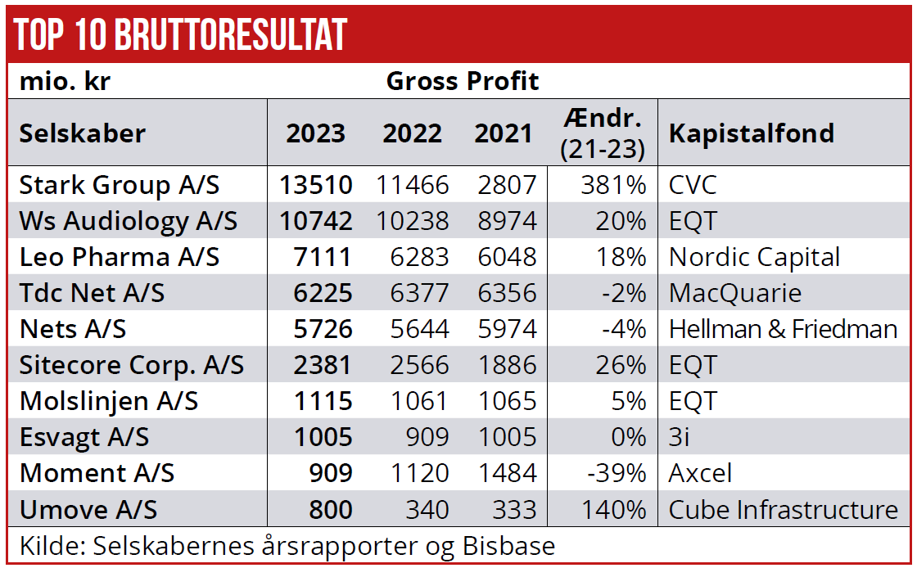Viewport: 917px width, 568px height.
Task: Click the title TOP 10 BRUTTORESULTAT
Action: coord(180,34)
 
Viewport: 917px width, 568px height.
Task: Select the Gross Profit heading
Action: coord(463,81)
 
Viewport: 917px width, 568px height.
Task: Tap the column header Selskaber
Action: coord(82,133)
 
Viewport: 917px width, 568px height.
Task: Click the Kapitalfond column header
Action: coord(751,133)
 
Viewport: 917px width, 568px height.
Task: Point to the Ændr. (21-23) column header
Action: coord(603,133)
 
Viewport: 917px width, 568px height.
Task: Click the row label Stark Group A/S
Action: coord(120,185)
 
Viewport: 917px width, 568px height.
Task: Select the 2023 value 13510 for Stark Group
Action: coord(315,185)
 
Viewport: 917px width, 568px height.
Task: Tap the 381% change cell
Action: coord(613,185)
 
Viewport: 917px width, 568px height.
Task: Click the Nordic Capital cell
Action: coord(754,257)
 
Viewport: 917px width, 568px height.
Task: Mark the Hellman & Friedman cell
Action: coord(783,329)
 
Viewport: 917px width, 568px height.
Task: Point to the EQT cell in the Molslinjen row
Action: coord(693,401)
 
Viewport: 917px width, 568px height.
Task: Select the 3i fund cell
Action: coord(680,437)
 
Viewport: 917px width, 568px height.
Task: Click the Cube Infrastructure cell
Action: coord(783,509)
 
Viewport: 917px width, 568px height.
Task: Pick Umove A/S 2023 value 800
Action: coord(331,509)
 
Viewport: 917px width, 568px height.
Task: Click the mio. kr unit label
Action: coord(65,81)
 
